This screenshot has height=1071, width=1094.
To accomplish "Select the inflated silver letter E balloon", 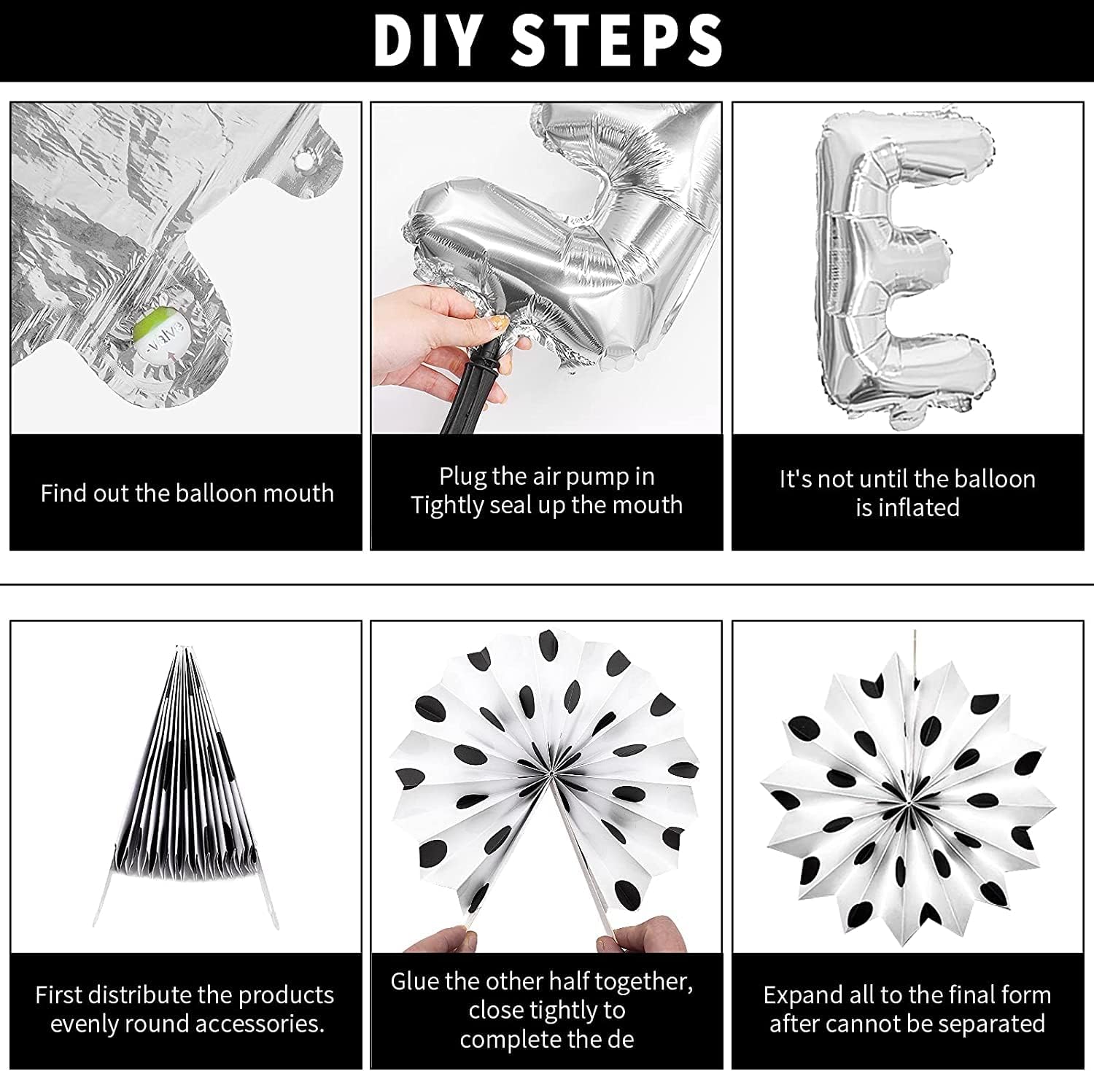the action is (x=905, y=263).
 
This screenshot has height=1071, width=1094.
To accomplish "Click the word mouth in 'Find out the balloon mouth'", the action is (x=298, y=493).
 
